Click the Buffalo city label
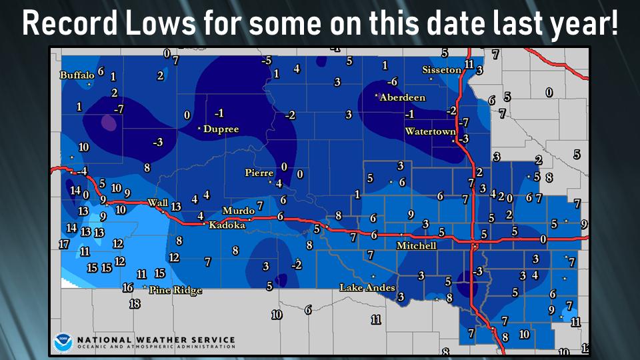click(x=77, y=75)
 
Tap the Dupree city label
click(x=221, y=129)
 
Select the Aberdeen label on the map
click(x=402, y=97)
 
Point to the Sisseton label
click(x=441, y=70)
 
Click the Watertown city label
click(x=430, y=131)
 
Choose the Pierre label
click(x=259, y=173)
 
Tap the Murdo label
click(x=238, y=211)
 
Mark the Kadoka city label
click(x=227, y=225)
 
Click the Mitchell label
click(x=416, y=245)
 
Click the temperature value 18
click(x=134, y=304)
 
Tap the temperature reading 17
click(x=64, y=244)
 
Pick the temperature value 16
click(x=128, y=288)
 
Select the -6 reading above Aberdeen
click(x=393, y=81)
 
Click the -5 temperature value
click(x=267, y=61)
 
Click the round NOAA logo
click(x=63, y=342)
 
